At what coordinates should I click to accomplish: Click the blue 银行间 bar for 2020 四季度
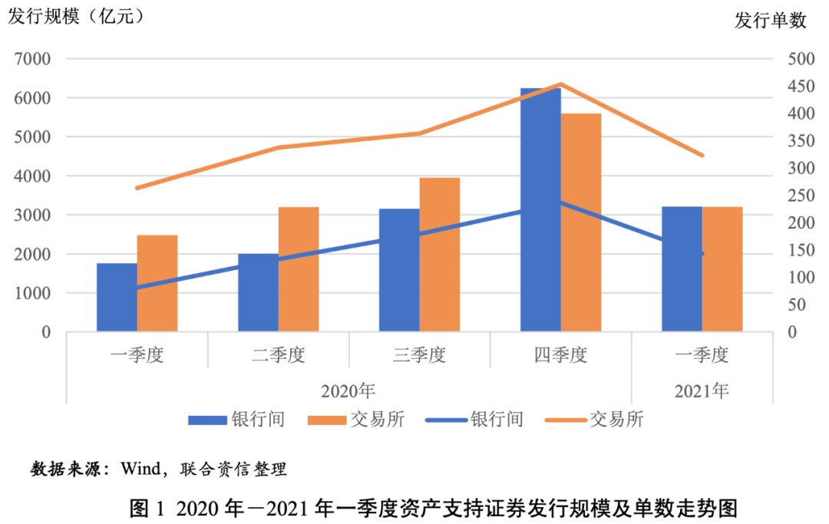(540, 210)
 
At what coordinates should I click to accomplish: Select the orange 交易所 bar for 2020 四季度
(581, 222)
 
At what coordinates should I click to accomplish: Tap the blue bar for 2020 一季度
(117, 298)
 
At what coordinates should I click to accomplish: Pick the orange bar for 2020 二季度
(299, 269)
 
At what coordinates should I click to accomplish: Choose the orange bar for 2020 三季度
(440, 255)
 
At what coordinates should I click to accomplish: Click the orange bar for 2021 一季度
(722, 269)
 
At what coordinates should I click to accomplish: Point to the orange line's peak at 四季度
(561, 84)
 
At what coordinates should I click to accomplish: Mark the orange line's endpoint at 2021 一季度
(702, 155)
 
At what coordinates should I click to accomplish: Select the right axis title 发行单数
(771, 21)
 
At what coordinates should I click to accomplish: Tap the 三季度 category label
(419, 355)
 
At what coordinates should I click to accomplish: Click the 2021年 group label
(702, 391)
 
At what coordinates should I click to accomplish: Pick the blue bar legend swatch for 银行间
(207, 420)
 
